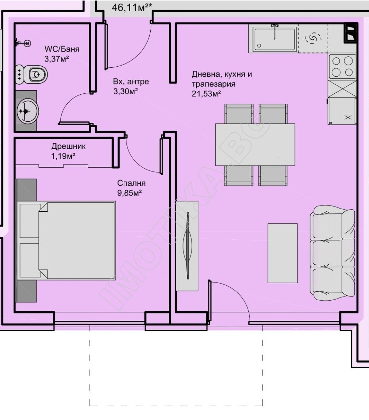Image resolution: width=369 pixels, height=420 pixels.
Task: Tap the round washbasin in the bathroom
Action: [x=27, y=111]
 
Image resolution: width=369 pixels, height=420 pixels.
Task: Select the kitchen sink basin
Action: [x=275, y=39]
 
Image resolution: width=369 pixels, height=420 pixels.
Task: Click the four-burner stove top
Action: [x=342, y=67]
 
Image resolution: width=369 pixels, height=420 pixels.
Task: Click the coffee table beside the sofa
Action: [x=283, y=253]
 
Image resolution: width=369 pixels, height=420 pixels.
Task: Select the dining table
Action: [x=255, y=144]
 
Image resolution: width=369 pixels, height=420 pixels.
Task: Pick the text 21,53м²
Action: [x=206, y=94]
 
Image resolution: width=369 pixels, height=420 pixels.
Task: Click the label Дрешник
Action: [x=68, y=146]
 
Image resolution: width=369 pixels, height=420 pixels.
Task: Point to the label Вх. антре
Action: [x=131, y=81]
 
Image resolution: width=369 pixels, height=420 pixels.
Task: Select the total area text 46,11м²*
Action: [x=132, y=8]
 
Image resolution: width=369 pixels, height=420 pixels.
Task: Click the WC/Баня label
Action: [x=62, y=49]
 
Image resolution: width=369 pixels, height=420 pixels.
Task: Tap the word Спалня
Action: [x=131, y=183]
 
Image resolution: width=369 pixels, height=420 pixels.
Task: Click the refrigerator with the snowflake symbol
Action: [x=342, y=111]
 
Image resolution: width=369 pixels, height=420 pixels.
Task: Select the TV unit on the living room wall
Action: [x=187, y=246]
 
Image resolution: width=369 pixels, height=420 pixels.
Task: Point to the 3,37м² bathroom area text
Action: [x=56, y=59]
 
